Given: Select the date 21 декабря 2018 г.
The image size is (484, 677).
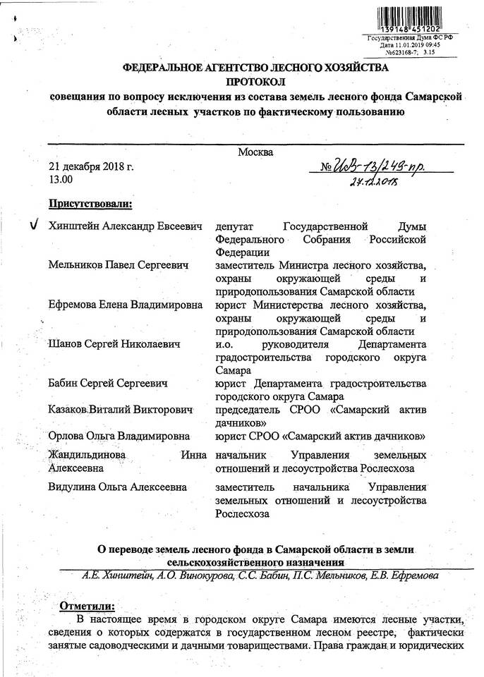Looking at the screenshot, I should click(x=91, y=168).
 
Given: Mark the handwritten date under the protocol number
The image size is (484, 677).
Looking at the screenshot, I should click(x=374, y=183).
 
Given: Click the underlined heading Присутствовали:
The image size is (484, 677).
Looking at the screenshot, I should click(x=90, y=205).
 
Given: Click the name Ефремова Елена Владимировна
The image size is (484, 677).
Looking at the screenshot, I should click(x=126, y=305).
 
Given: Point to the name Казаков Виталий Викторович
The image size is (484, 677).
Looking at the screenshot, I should click(x=121, y=409).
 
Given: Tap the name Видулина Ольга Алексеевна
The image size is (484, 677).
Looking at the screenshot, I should click(x=118, y=487).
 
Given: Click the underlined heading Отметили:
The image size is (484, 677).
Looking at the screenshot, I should click(x=87, y=606).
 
